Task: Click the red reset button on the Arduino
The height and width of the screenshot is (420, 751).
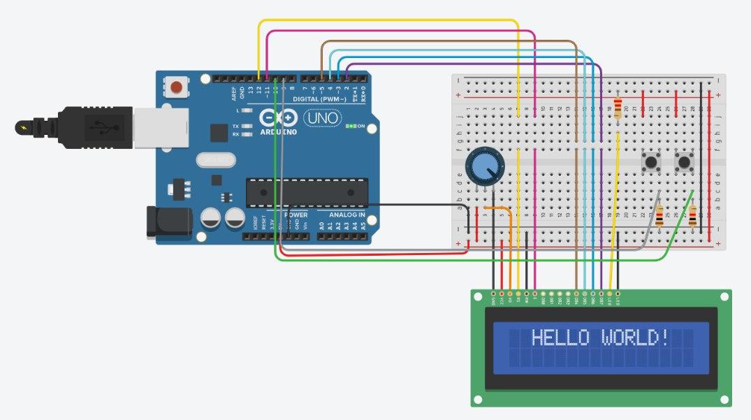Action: click(x=177, y=88)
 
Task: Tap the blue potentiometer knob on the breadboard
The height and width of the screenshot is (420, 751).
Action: click(x=484, y=166)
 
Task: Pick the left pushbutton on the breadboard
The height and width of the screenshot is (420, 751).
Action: click(x=651, y=164)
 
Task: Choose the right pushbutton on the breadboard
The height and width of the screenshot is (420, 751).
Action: click(x=684, y=164)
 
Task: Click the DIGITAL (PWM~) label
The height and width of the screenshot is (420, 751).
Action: click(x=316, y=99)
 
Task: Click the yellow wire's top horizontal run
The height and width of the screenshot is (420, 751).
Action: click(x=388, y=21)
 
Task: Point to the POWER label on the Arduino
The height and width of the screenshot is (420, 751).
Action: click(x=296, y=214)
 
